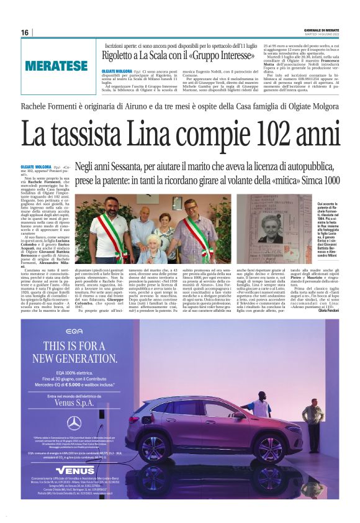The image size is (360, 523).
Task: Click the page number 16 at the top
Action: [25, 32]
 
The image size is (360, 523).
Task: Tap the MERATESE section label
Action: [56, 65]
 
